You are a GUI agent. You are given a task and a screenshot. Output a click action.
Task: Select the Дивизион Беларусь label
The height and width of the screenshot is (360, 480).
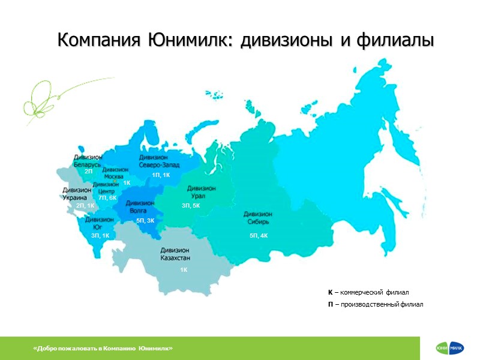point(88,160)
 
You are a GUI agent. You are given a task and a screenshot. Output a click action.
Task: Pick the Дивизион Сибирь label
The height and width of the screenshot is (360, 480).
point(259,218)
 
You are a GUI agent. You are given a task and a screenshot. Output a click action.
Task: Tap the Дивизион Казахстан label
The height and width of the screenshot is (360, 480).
point(176,254)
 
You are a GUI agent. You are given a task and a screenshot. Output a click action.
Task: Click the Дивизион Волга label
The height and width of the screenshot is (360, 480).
point(140,207)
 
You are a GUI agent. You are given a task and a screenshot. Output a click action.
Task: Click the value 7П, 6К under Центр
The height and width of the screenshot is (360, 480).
point(107,197)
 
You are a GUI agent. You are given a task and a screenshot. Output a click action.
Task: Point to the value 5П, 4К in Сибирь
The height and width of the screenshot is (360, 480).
point(259,236)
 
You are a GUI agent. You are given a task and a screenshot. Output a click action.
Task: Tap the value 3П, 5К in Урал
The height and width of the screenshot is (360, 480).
point(191,206)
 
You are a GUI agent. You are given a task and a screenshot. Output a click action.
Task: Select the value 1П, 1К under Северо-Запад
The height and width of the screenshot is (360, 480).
point(161,175)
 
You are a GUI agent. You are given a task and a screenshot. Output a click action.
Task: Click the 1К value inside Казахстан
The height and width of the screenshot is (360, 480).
point(184,271)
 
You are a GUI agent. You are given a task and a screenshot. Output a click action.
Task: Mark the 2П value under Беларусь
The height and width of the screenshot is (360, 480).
point(88,172)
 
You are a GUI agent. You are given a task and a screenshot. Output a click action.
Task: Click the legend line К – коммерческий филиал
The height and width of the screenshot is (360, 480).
point(368,292)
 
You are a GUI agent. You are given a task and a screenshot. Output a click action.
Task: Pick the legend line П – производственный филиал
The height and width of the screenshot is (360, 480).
point(375,304)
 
